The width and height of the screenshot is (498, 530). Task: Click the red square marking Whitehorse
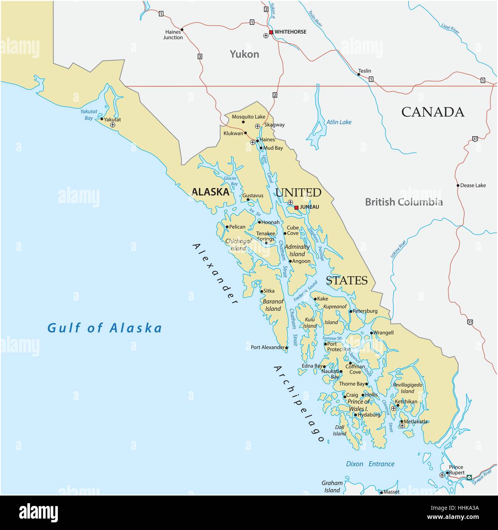[271, 32]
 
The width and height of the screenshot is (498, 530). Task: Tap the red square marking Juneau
[296, 207]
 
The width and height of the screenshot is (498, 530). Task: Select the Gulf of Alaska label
[105, 328]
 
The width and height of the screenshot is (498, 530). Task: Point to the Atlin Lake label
[339, 122]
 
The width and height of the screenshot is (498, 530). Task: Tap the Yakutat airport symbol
[112, 125]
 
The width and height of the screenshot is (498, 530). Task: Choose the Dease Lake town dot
[458, 186]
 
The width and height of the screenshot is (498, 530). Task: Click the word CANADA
[432, 112]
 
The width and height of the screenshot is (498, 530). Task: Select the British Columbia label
[404, 202]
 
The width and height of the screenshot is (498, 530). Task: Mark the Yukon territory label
[244, 54]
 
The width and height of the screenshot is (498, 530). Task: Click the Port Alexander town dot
[287, 348]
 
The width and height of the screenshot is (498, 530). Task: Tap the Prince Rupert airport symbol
[442, 475]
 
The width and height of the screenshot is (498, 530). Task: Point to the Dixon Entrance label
[370, 464]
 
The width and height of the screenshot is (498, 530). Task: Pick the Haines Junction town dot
[182, 29]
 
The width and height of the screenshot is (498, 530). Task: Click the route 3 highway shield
[200, 57]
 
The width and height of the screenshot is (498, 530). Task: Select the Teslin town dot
[359, 74]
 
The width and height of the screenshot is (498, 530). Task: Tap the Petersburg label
[365, 311]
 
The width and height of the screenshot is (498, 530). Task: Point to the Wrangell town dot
[371, 333]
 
